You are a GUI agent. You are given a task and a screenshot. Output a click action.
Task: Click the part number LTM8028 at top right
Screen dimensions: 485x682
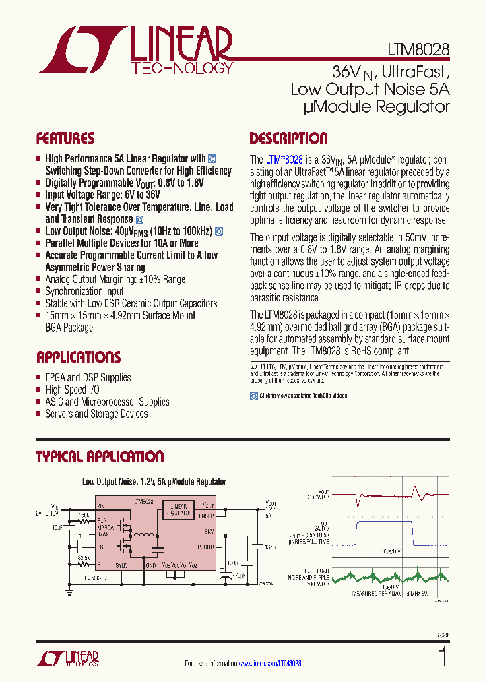tap(418, 49)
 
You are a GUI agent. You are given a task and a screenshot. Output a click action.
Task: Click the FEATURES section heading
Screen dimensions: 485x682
tap(65, 139)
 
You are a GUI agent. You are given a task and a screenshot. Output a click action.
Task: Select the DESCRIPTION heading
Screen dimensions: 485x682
tap(288, 139)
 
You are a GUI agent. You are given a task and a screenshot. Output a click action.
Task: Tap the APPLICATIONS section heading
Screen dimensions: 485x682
tap(78, 357)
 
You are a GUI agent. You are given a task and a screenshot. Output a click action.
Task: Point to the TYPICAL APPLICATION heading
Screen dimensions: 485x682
tap(100, 457)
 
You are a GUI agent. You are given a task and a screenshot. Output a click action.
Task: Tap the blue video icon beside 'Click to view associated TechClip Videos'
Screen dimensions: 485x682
tap(254, 396)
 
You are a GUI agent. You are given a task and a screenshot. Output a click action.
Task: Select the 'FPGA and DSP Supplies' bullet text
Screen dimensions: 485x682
tap(88, 377)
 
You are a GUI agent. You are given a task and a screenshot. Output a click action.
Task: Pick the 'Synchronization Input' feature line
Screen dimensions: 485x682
tap(84, 291)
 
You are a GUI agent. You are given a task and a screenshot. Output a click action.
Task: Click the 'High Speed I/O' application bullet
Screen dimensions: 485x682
tap(74, 390)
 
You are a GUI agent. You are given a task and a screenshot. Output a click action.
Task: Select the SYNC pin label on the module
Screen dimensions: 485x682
tap(121, 566)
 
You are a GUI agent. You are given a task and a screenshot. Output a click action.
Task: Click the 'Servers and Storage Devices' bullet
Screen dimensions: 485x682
tap(96, 414)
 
